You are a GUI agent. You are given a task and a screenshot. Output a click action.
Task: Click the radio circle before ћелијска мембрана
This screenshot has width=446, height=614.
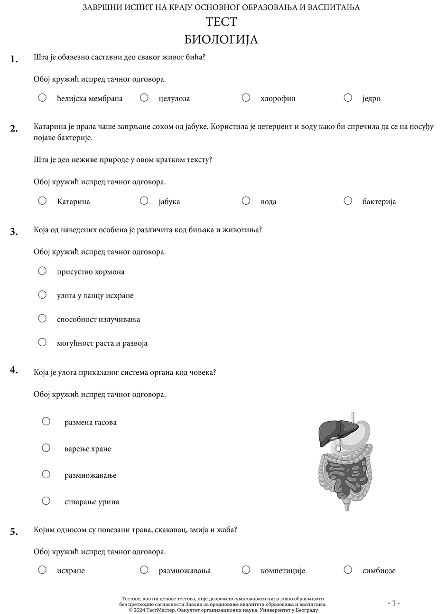click(42, 97)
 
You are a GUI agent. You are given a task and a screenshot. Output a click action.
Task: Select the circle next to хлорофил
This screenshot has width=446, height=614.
click(246, 97)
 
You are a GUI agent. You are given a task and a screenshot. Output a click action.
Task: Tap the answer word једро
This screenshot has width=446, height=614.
click(371, 99)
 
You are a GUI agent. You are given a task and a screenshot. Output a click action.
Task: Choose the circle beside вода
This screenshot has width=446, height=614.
click(246, 200)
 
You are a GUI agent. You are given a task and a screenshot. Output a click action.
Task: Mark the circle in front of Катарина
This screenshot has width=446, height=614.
click(42, 200)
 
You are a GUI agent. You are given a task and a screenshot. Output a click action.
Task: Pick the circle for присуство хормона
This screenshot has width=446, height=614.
click(42, 271)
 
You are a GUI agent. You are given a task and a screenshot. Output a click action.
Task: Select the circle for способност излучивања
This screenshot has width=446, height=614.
click(42, 318)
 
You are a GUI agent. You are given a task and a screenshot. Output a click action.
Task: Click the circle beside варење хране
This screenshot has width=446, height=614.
click(46, 447)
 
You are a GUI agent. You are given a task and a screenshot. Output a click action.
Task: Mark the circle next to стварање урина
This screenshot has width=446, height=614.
click(46, 501)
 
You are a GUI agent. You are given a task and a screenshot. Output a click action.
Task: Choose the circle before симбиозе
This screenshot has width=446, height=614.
click(348, 569)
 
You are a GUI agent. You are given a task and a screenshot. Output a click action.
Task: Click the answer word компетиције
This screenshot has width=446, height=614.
click(283, 571)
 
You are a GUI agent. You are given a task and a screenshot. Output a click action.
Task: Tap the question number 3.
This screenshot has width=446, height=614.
click(14, 232)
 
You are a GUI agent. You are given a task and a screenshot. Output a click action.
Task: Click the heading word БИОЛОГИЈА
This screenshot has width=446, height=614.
click(221, 39)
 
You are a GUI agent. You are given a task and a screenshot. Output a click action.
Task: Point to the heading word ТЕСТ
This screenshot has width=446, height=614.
click(221, 22)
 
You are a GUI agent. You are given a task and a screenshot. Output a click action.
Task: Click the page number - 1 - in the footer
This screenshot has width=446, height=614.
click(394, 603)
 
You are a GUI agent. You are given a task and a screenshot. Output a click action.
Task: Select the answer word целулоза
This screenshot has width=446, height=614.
click(174, 99)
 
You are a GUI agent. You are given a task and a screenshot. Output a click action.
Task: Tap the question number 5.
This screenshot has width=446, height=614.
click(14, 532)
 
